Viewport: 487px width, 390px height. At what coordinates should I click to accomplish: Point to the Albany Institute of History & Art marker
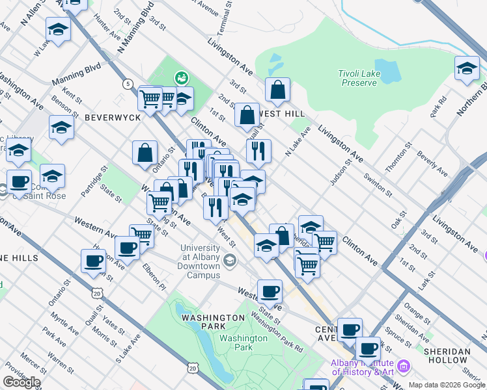[x=404, y=368]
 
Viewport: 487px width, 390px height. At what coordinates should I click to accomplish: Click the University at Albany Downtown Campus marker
[x=229, y=261]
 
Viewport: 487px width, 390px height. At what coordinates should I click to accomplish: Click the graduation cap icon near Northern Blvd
[x=467, y=68]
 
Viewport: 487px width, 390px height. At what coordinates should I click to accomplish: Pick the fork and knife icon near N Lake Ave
[x=258, y=151]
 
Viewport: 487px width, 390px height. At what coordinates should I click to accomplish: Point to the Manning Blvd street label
[x=77, y=70]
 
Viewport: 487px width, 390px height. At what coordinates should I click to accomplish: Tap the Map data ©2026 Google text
[x=446, y=385]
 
